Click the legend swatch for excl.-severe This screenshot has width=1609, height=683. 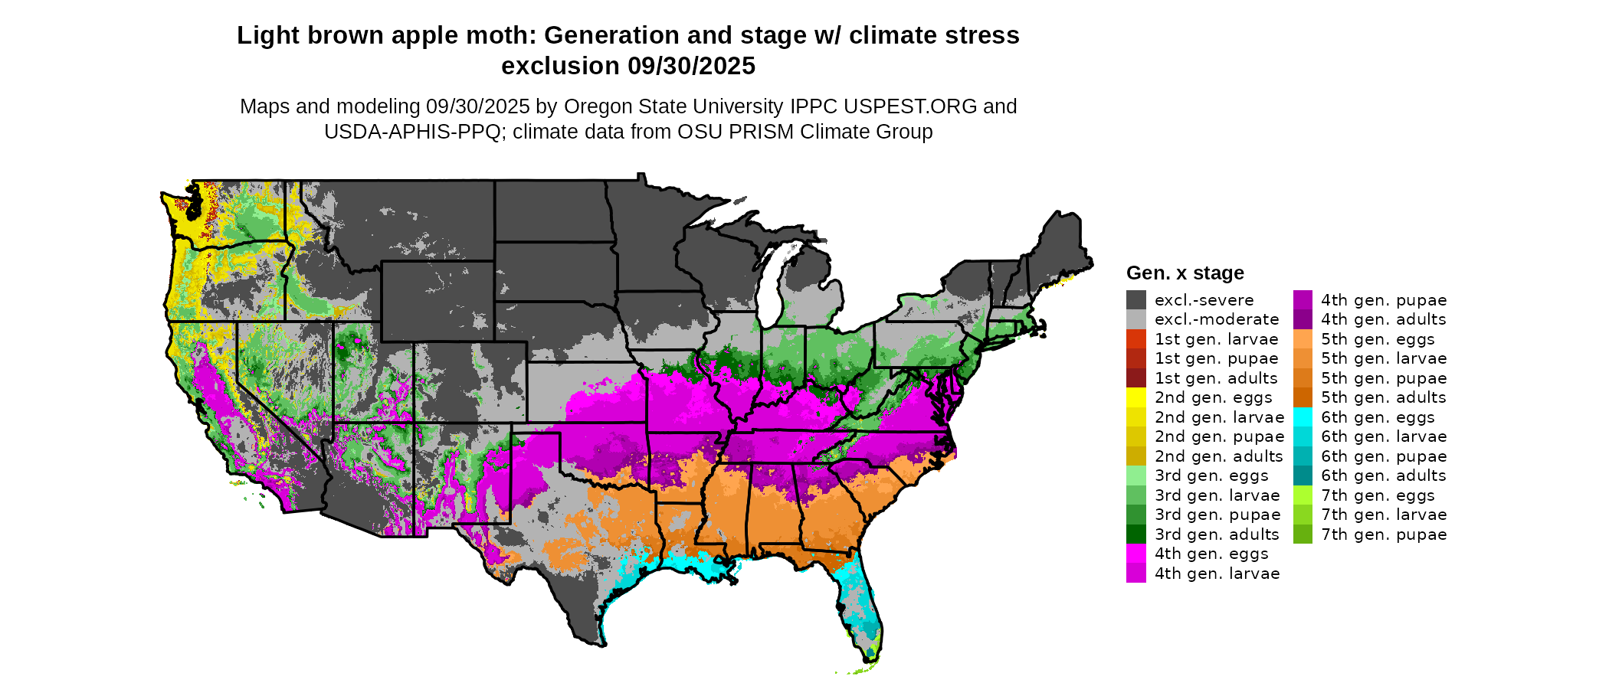point(1135,300)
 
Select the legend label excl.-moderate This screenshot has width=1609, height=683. point(1217,319)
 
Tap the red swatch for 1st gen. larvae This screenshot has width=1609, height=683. point(1135,339)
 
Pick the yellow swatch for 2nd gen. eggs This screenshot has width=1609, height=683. point(1135,397)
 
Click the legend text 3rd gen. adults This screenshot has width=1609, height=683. point(1217,534)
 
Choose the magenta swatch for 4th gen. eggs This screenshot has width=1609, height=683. point(1135,554)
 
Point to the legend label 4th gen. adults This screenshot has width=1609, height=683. point(1383,319)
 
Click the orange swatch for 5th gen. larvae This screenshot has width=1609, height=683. point(1303,358)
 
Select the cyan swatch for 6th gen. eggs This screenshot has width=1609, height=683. point(1303,417)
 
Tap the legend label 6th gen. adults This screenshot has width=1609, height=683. point(1383,475)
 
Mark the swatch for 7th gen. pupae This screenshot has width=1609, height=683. point(1303,534)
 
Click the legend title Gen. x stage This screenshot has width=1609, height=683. point(1185,273)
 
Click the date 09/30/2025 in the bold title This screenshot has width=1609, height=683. point(691,67)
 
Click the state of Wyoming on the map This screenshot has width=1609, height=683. point(437,301)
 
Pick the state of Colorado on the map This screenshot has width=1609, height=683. point(470,382)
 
